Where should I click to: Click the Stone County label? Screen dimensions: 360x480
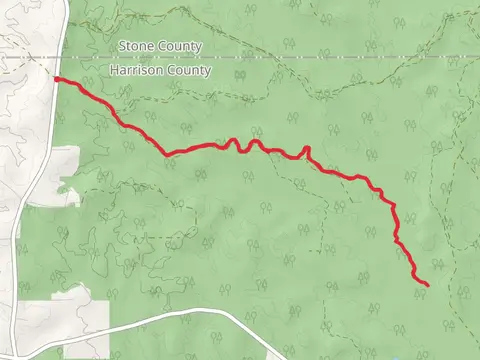160,46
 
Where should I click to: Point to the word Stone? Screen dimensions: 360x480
135,46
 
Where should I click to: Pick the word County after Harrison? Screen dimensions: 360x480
190,71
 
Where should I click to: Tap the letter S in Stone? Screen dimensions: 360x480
123,46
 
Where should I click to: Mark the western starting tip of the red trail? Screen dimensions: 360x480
55,78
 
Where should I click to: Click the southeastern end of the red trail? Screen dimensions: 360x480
428,285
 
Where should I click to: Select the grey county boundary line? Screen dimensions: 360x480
300,58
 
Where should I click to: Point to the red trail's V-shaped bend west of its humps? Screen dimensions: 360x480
167,154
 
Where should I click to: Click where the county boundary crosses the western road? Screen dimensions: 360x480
63,58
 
